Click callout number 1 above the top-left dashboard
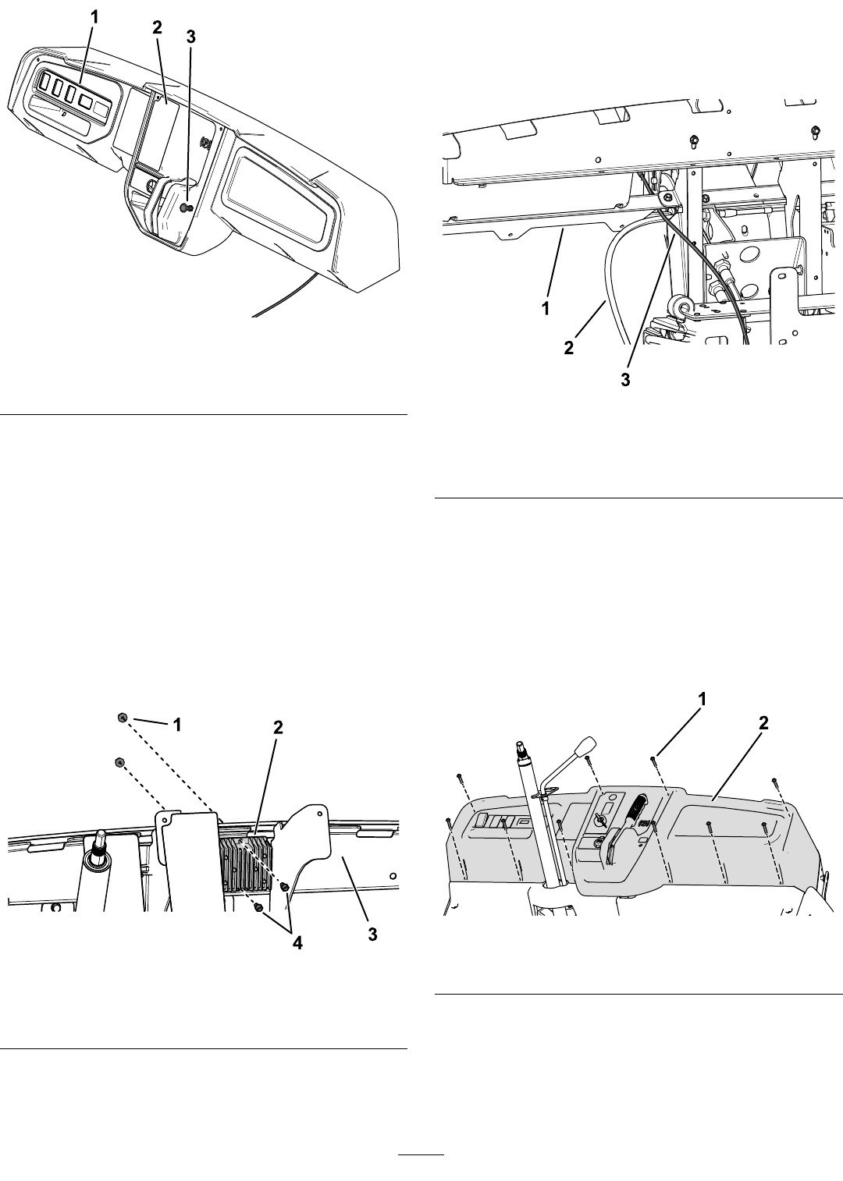94,17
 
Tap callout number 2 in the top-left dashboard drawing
157,28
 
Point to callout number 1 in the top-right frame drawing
546,309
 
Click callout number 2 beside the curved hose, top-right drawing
569,348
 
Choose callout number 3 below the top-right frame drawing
626,380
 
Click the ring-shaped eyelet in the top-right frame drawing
675,305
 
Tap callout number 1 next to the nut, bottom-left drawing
178,725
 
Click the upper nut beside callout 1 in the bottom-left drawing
123,718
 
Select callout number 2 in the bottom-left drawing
277,728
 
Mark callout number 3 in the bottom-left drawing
372,935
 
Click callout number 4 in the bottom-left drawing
297,943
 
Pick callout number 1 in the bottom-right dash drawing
702,700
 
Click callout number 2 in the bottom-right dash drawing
763,723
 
